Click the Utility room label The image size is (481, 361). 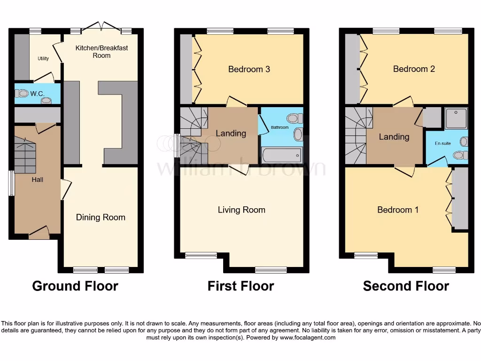(x=43, y=59)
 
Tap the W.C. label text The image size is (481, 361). (x=37, y=94)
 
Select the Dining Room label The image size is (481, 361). (x=101, y=217)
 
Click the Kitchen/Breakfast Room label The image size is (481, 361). (x=102, y=52)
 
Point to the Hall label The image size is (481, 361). (x=37, y=180)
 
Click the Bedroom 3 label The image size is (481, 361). (x=249, y=69)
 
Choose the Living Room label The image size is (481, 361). (x=241, y=210)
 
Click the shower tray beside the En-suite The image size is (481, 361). (x=456, y=119)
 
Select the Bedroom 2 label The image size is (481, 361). (x=414, y=69)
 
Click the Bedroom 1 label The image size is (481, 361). (x=398, y=210)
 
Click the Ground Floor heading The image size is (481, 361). (x=75, y=286)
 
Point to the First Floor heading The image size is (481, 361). (x=241, y=286)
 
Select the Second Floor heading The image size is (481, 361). (x=406, y=286)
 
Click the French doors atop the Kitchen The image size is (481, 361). (x=102, y=25)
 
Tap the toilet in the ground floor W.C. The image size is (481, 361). (x=23, y=94)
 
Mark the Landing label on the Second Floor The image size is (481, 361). (x=394, y=137)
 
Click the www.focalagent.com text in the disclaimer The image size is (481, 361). (x=307, y=337)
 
